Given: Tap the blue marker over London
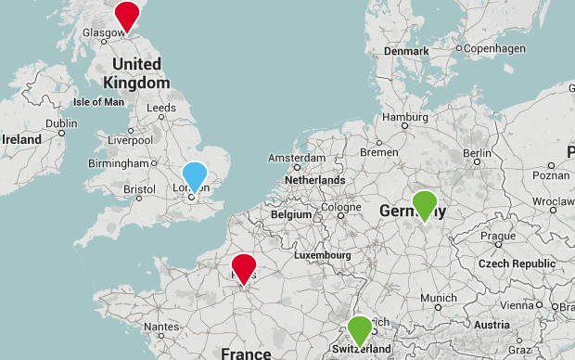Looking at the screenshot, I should click(195, 175).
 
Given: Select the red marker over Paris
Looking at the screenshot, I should click(243, 267).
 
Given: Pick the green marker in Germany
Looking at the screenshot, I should click(425, 204).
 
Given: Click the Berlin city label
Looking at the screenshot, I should click(477, 153).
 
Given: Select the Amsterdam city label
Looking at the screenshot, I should click(297, 159).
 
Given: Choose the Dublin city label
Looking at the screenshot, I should click(61, 123).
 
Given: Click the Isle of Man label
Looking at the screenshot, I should click(98, 102).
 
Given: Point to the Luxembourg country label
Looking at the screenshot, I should click(326, 254).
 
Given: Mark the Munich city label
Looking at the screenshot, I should click(438, 298).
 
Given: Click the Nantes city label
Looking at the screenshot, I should click(160, 327).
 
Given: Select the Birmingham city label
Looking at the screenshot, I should click(119, 163).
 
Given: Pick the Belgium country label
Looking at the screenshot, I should click(292, 215).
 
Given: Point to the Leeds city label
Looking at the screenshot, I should click(160, 109).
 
